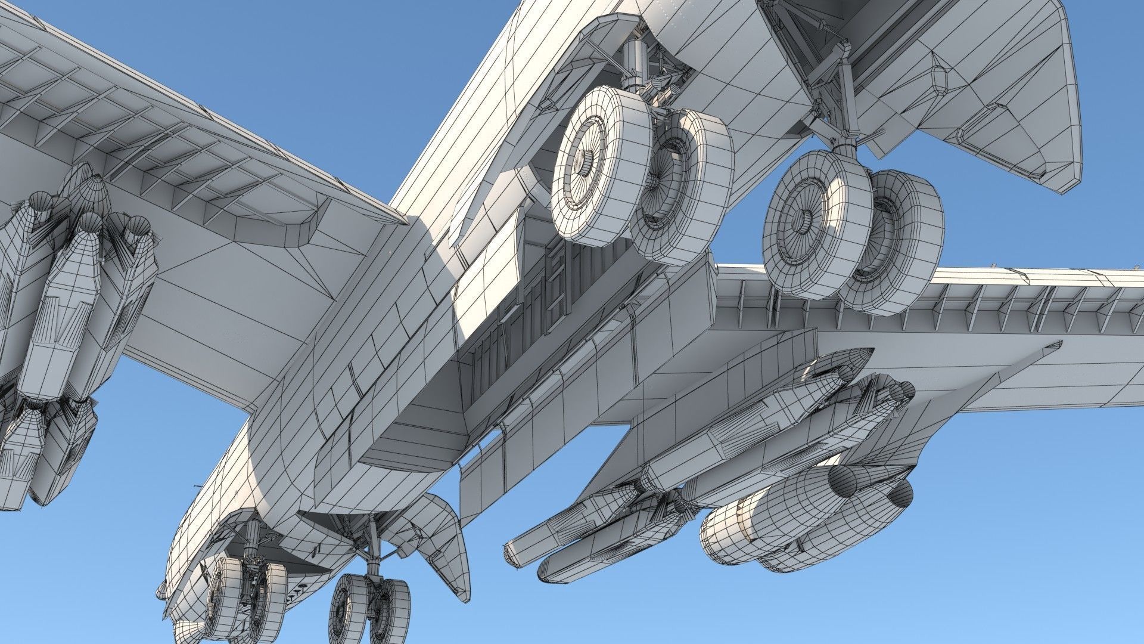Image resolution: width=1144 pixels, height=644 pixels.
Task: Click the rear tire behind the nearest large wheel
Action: coord(685,185)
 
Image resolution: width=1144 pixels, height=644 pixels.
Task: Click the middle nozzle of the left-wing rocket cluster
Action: coord(89,224)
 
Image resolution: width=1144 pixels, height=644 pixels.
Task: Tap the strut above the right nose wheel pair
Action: coord(372,549)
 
